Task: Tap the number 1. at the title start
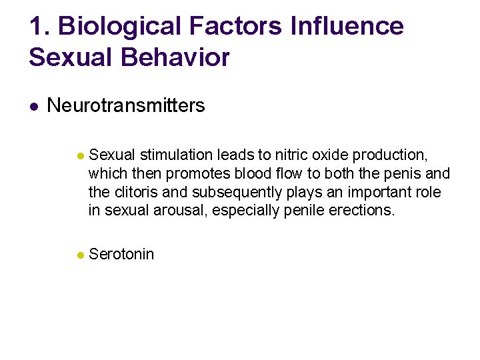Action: tap(39, 27)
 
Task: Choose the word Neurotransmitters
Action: tap(126, 105)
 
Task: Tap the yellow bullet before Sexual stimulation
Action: tap(79, 156)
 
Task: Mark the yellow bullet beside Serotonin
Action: tap(79, 255)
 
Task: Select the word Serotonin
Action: tap(121, 254)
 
